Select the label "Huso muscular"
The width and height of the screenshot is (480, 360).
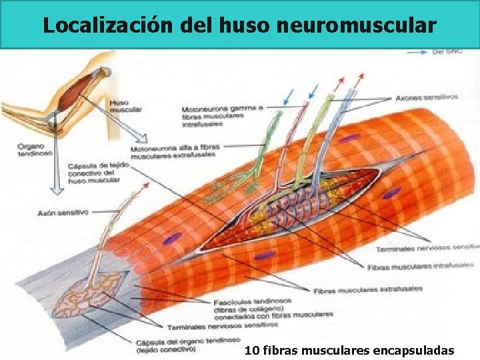119,106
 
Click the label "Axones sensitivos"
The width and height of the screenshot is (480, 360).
427,97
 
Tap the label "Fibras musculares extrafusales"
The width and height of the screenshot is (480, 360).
367,290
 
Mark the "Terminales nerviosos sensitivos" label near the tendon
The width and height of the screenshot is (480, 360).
223,327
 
